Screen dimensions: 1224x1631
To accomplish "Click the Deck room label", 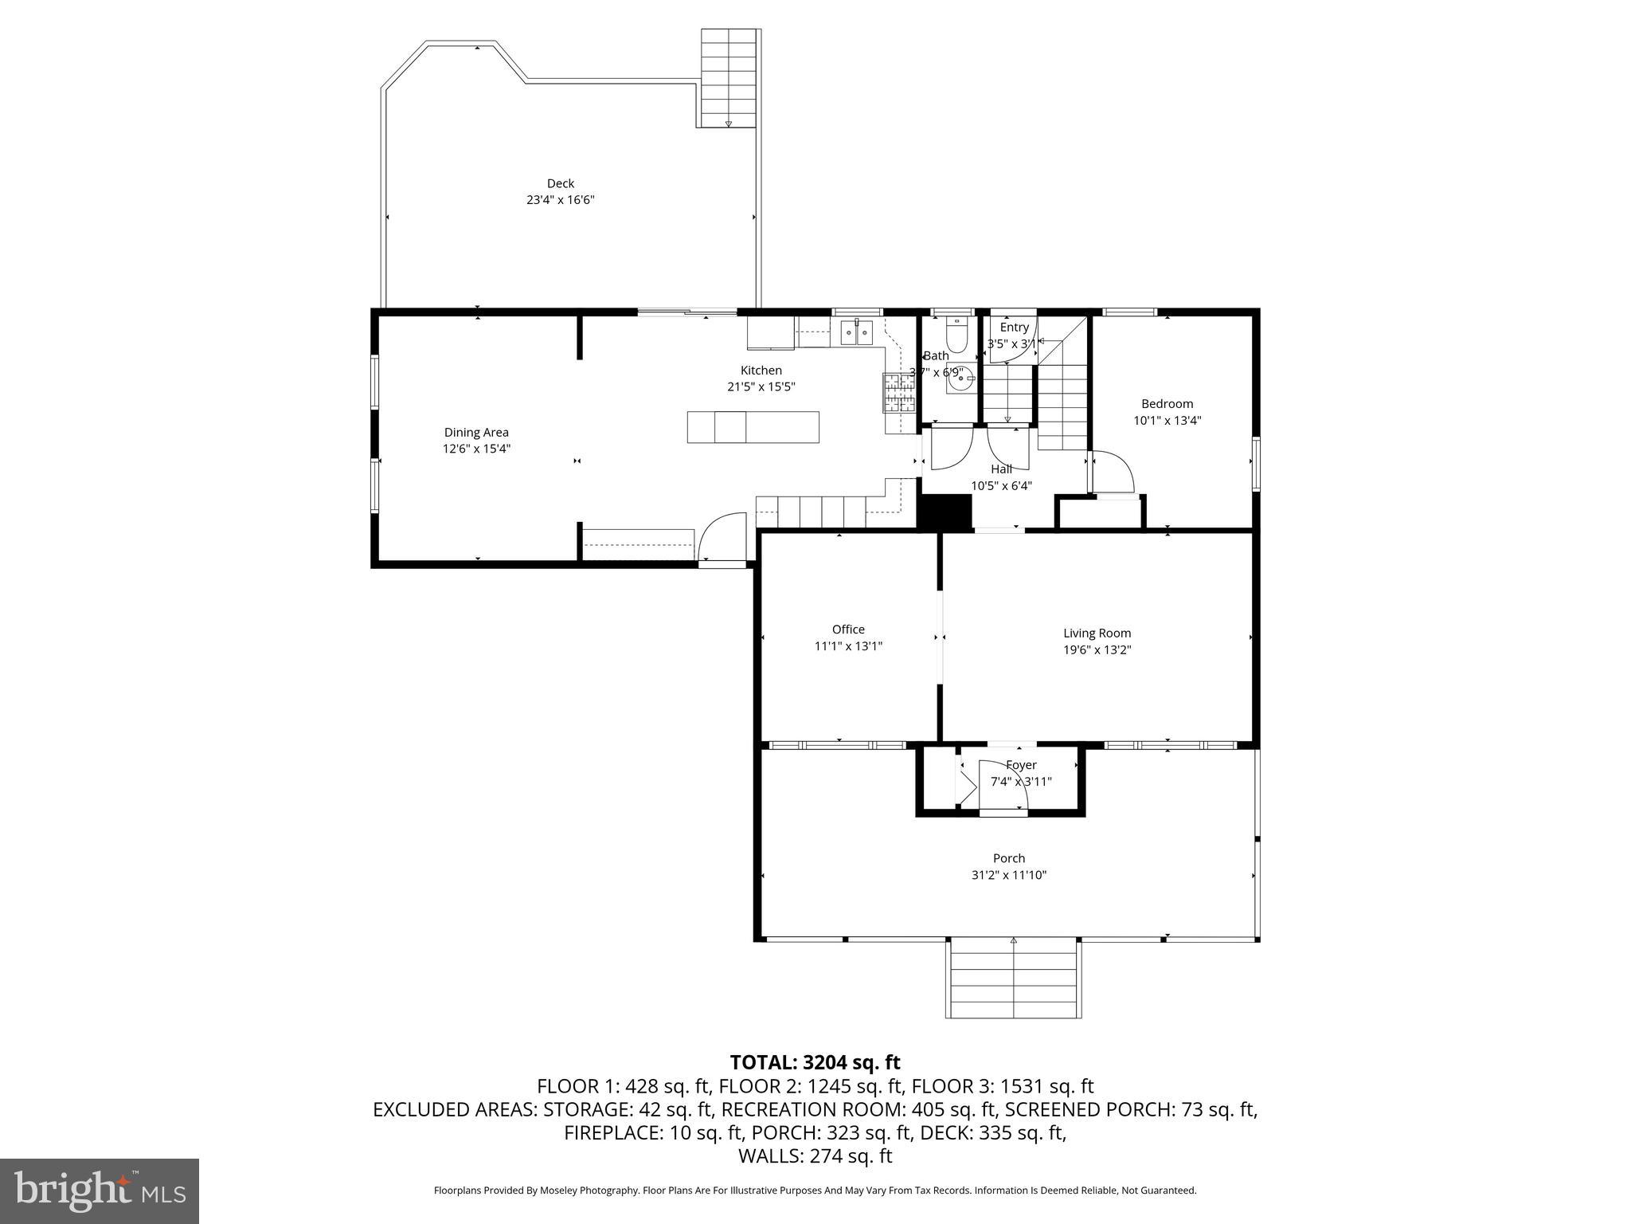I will (560, 183).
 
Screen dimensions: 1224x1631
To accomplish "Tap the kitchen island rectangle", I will (753, 427).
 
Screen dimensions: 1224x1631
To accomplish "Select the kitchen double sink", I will (857, 331).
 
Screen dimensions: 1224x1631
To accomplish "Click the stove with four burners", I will (898, 393).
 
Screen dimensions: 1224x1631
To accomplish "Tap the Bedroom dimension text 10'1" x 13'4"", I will (1167, 421).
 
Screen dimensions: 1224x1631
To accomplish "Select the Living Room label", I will (1097, 634).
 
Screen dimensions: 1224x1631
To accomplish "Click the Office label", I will (848, 630).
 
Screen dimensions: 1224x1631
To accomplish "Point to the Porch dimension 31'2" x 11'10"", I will (1008, 875).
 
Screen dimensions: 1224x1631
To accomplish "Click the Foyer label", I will (1020, 765).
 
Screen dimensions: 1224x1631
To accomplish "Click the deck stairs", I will (728, 78).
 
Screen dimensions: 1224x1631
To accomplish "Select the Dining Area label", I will (476, 433).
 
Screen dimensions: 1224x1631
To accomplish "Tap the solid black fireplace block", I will (945, 512).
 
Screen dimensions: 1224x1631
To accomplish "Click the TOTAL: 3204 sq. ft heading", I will (815, 1062).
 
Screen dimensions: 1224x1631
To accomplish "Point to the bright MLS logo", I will (100, 1191).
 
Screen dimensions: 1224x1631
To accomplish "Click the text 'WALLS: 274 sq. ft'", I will (815, 1155).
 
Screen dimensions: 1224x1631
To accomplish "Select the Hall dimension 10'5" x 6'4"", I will (1001, 485).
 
